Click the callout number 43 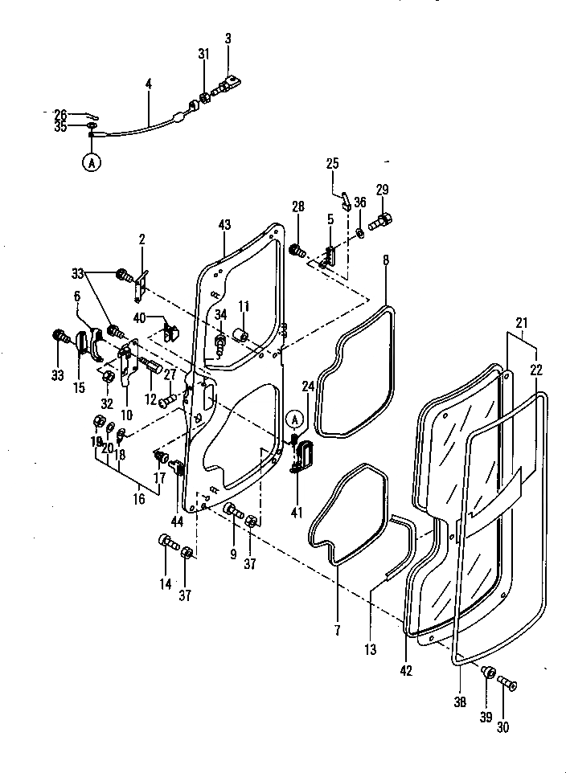tap(224, 227)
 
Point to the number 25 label tap(332, 165)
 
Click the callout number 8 tap(386, 261)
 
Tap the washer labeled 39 tap(487, 673)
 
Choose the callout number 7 tap(338, 629)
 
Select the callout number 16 tap(138, 499)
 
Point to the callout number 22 tap(536, 370)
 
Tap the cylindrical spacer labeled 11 tap(240, 334)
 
